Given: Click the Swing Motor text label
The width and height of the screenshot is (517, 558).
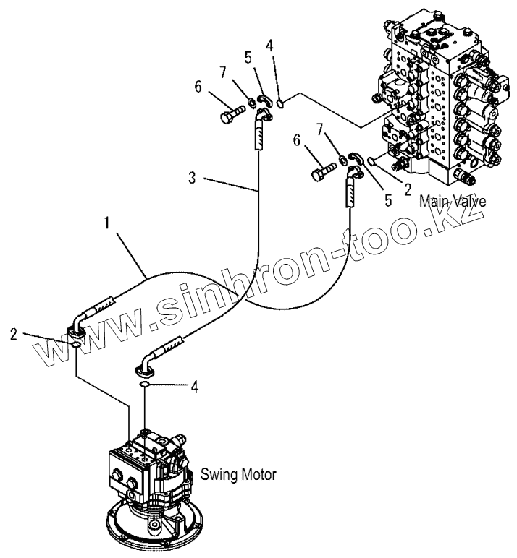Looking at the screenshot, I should (x=239, y=475).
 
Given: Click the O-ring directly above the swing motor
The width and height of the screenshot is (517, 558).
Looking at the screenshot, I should (x=146, y=387).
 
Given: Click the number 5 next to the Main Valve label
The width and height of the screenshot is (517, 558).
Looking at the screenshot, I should (x=388, y=200).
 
